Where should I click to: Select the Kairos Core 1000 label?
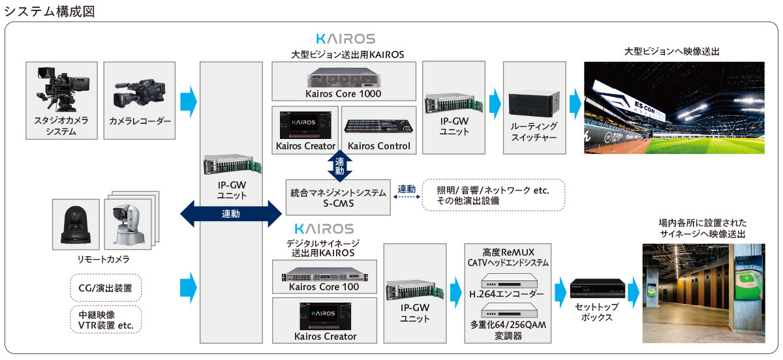pyautogui.click(x=343, y=93)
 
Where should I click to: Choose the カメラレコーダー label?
pyautogui.click(x=140, y=121)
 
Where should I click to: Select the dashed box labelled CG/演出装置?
pyautogui.click(x=105, y=287)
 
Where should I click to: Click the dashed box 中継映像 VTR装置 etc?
pyautogui.click(x=105, y=320)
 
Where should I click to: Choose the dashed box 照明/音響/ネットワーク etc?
pyautogui.click(x=493, y=195)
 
